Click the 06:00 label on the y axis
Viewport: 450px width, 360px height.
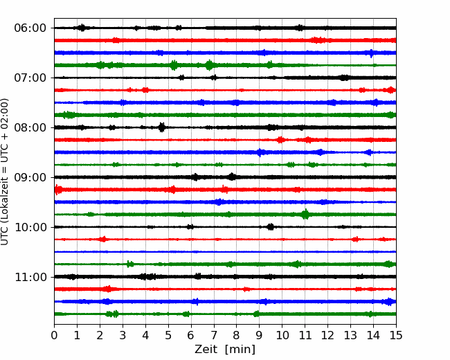click(30, 28)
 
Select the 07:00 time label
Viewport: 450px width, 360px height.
click(30, 78)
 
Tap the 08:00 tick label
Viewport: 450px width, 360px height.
click(30, 127)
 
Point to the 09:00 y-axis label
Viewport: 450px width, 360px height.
click(30, 177)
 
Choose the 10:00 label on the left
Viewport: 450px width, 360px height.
click(30, 227)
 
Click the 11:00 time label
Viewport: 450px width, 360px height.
click(30, 277)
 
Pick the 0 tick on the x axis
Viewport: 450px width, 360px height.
click(54, 335)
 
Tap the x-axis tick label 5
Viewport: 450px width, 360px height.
click(168, 335)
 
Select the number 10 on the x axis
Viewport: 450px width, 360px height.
click(282, 335)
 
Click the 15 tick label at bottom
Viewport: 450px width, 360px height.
click(396, 335)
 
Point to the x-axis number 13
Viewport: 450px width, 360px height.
click(350, 335)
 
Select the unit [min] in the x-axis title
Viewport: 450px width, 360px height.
click(240, 350)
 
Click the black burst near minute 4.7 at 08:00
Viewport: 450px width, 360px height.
click(162, 127)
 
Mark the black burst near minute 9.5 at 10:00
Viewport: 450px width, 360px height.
click(270, 227)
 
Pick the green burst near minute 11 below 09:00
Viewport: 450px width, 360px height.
click(305, 214)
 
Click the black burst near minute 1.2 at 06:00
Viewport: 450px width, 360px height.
click(82, 28)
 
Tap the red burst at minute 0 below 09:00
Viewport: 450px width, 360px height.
click(58, 190)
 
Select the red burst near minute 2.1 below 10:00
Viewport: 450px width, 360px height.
click(102, 239)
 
